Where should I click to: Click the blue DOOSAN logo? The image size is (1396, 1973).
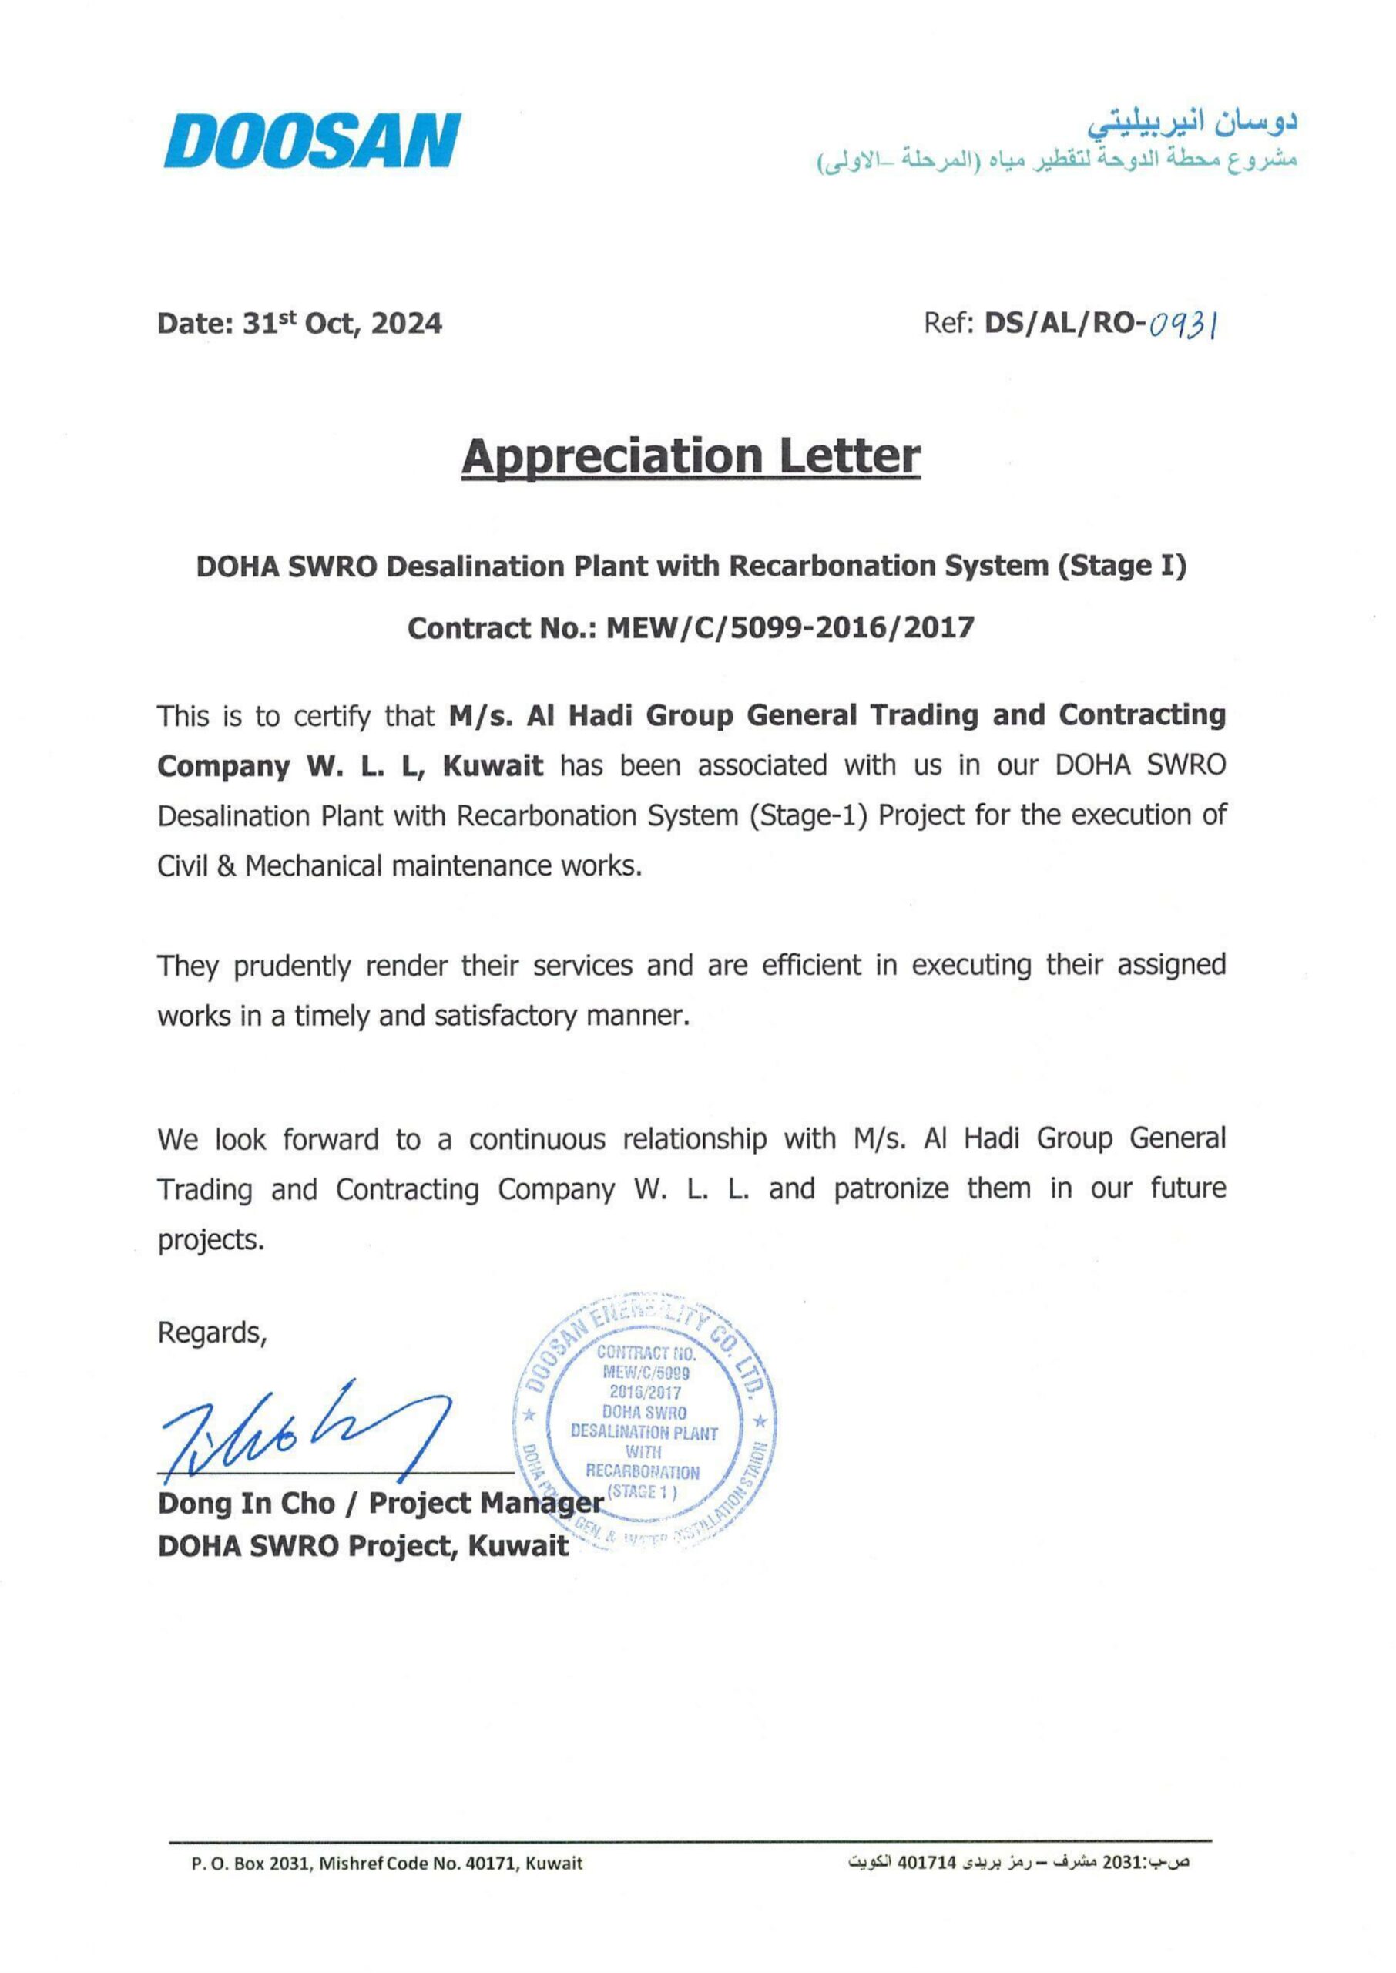[312, 141]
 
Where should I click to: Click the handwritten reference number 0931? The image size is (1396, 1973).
[1183, 324]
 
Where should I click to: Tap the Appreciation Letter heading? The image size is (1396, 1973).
[690, 456]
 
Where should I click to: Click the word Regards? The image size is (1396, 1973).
[211, 1333]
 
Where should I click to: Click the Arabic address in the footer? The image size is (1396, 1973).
[1019, 1863]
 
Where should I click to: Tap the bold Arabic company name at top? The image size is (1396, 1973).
[1193, 124]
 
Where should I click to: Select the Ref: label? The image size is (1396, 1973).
[948, 324]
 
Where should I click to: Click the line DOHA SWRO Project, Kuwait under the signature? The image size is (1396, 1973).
[363, 1546]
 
